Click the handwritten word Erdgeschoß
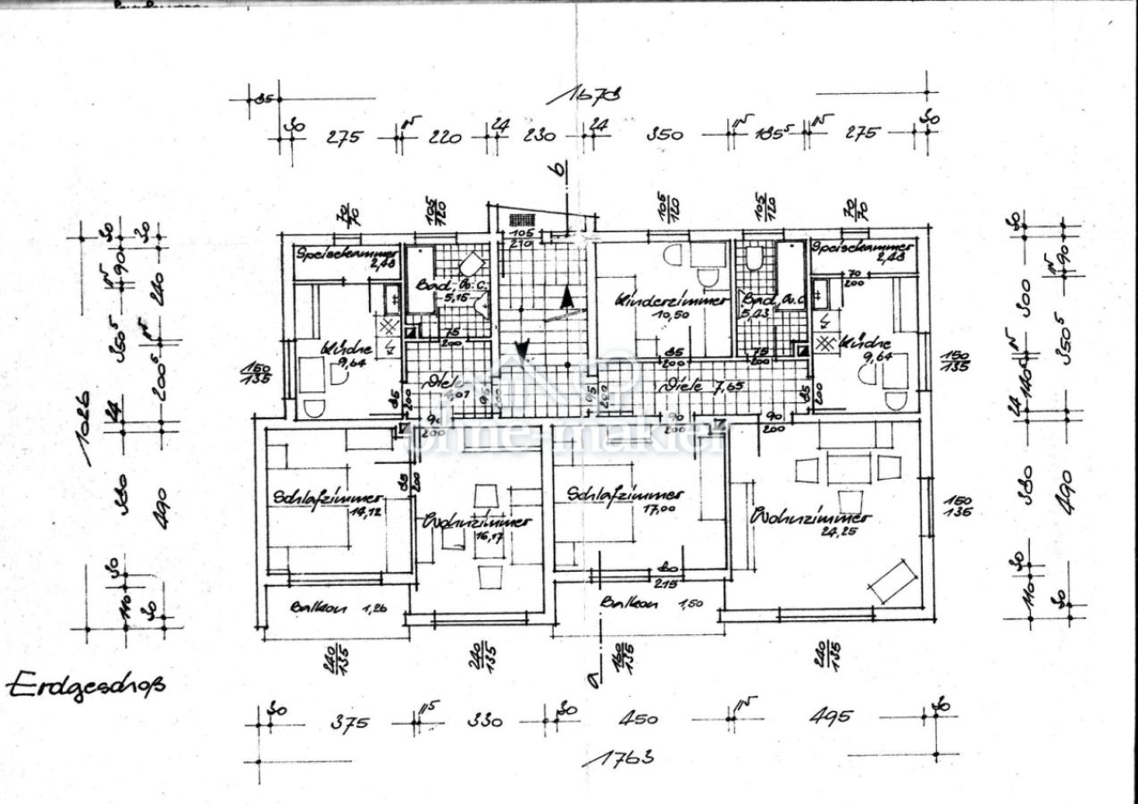(x=87, y=685)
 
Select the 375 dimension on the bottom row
(x=349, y=722)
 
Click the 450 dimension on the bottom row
(x=639, y=719)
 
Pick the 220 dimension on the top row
(x=444, y=137)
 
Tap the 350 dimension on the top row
(x=665, y=134)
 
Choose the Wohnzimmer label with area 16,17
(x=477, y=522)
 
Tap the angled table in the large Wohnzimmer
(x=893, y=581)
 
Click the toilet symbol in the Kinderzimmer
(x=673, y=255)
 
